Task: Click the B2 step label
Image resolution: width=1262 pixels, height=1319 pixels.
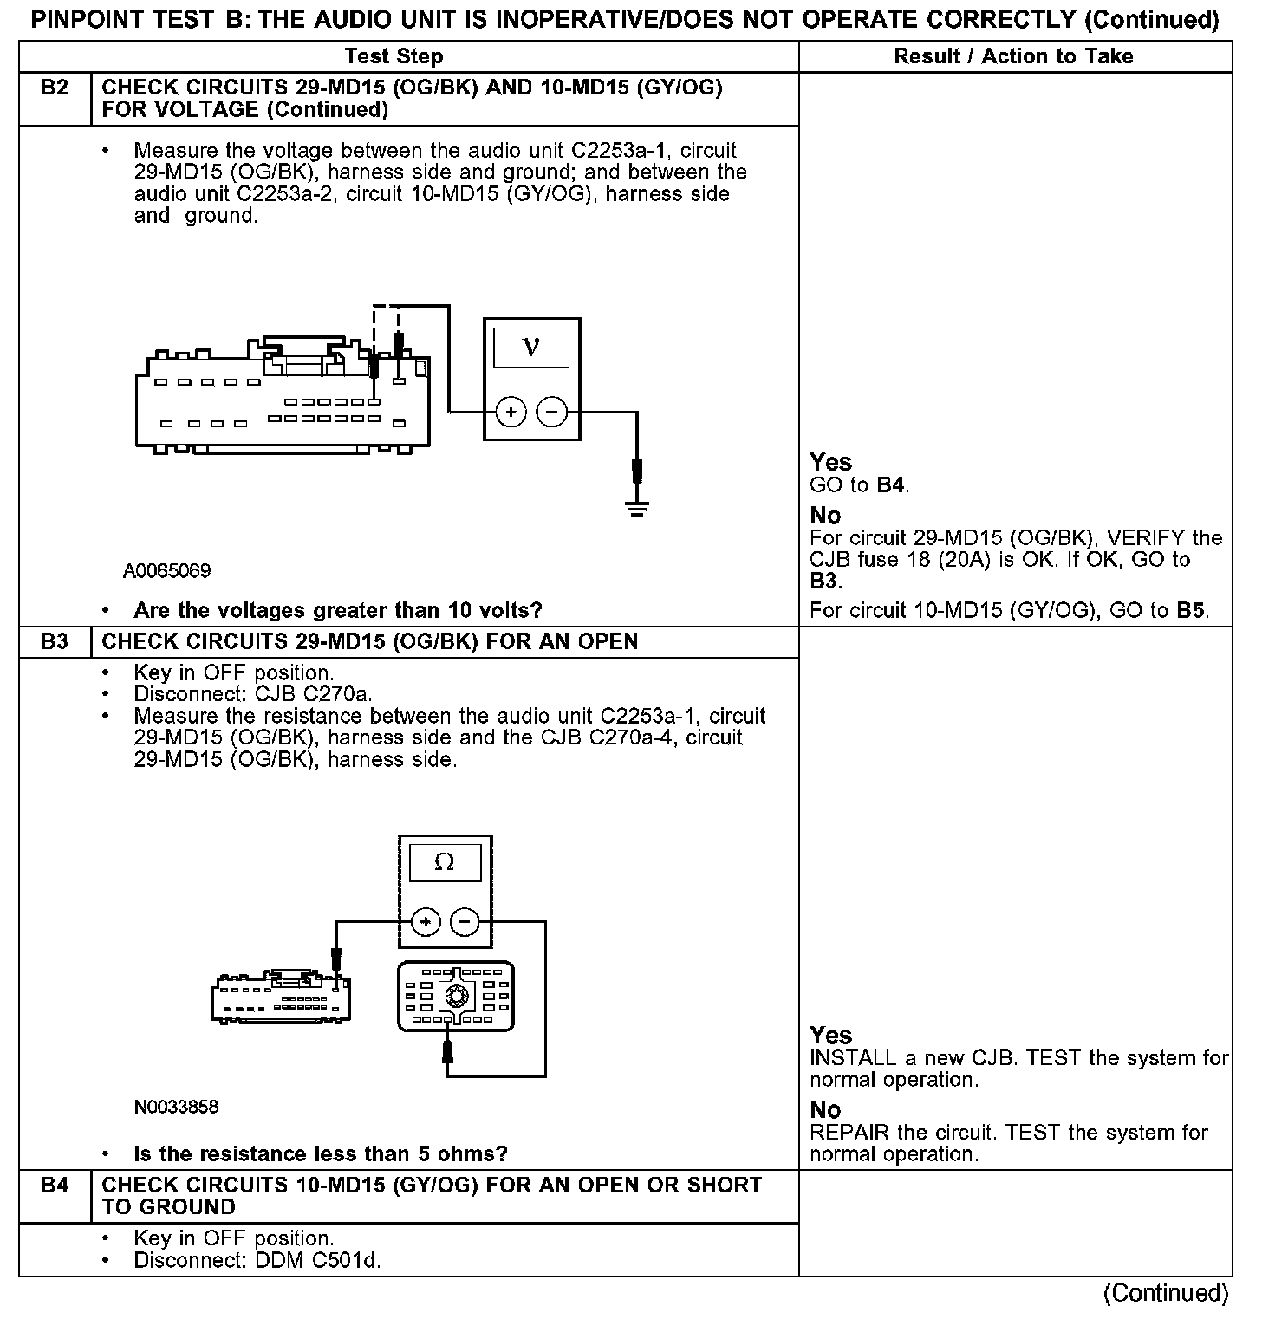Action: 55,88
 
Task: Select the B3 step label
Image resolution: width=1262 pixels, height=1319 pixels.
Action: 55,642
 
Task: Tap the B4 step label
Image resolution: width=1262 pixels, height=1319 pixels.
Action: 55,1186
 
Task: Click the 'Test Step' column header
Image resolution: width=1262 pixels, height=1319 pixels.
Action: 394,56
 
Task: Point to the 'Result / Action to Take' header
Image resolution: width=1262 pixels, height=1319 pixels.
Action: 1013,56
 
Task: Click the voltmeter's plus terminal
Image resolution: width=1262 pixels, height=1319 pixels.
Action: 511,413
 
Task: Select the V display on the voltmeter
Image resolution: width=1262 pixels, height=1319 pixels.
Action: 531,348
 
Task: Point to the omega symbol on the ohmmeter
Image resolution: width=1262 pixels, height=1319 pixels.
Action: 445,863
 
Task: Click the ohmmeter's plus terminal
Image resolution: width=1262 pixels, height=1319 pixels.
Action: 425,922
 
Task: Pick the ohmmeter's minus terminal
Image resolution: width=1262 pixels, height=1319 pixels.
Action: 465,922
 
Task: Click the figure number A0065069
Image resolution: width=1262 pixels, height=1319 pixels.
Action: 166,571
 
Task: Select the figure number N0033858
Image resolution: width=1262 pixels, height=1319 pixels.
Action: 177,1107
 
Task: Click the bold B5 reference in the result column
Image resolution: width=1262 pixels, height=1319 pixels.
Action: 1190,610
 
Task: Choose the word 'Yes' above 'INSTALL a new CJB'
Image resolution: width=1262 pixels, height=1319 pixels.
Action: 830,1035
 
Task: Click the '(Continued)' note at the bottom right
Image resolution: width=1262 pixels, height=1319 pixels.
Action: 1166,1293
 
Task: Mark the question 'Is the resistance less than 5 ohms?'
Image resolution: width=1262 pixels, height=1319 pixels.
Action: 321,1153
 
